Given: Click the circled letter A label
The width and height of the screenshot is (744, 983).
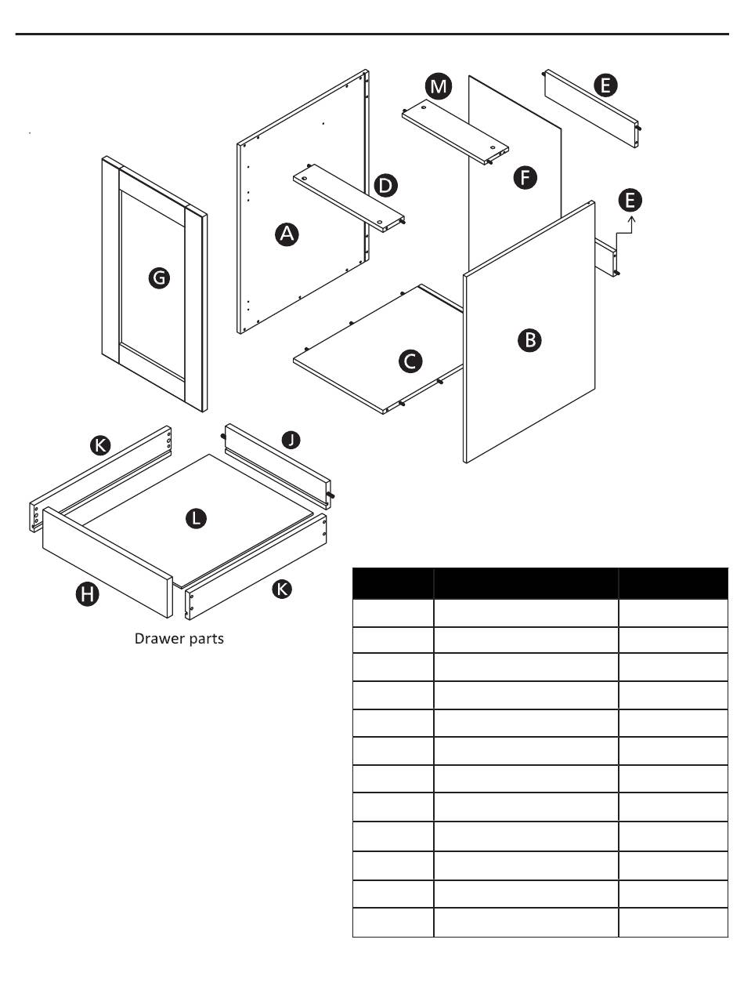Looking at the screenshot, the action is coord(287,234).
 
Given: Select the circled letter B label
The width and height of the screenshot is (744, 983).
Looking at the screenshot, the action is coord(529,340).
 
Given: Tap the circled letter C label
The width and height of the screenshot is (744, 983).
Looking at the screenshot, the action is coord(410,361).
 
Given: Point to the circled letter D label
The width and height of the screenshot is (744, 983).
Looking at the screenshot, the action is coord(385,186).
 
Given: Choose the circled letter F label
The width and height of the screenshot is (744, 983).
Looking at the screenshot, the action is coord(525,177).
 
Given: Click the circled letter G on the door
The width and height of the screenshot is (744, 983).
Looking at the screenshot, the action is coord(159,277).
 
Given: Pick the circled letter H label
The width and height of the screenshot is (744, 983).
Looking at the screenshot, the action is coord(87,594).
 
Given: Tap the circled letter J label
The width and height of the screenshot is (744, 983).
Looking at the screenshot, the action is coord(291,440).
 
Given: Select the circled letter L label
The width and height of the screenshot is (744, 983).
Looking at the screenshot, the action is coord(196,519).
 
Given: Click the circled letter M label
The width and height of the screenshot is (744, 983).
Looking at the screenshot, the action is coord(438,86).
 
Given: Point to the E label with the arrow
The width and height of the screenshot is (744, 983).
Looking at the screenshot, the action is coord(630,200).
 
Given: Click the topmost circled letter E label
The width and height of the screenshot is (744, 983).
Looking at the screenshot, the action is coord(605,85).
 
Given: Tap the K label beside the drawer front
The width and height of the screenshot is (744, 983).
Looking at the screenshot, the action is coord(282,589).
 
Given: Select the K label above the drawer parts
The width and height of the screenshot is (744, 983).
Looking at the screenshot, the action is coord(100,445).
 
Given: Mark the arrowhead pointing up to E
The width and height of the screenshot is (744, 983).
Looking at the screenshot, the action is coord(632,219).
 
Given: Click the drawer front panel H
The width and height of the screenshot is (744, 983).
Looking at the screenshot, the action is coord(107,563).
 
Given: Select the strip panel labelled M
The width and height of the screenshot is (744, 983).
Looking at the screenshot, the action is coord(455,132).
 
